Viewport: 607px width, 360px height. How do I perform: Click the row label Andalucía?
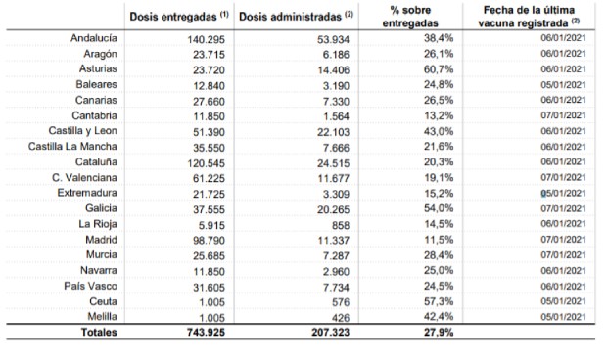95,37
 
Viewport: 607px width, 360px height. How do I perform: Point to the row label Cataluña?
97,161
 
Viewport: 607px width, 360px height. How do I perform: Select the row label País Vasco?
94,286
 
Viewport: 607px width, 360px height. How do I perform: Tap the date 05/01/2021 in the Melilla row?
561,317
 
